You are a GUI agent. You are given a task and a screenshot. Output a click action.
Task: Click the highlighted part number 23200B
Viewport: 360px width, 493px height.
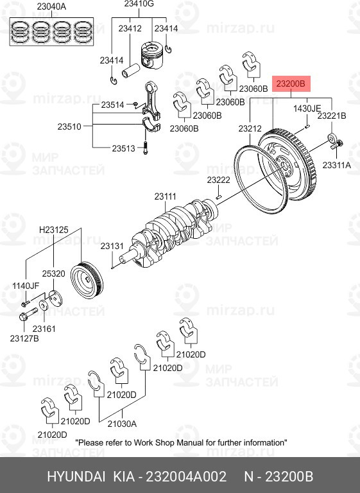tap(291, 84)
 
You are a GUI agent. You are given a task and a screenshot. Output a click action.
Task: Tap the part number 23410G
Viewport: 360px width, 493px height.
tap(139, 4)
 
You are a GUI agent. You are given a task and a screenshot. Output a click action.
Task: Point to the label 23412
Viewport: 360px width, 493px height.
tap(130, 29)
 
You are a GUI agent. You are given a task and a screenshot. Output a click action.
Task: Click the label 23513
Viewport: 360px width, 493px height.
tap(123, 148)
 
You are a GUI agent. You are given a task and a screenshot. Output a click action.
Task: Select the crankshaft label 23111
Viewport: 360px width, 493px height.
tap(165, 196)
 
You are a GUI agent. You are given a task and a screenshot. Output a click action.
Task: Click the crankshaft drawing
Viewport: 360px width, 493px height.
tap(173, 231)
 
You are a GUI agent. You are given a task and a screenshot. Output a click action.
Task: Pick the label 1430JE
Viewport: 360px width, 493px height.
tap(307, 109)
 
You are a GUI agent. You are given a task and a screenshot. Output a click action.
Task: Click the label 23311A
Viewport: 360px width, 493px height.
tap(337, 165)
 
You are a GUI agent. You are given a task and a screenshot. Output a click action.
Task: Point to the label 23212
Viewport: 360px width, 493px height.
tap(251, 129)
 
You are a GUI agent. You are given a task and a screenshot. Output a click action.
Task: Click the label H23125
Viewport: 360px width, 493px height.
tap(53, 229)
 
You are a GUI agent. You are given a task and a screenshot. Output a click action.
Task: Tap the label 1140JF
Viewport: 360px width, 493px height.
tap(26, 286)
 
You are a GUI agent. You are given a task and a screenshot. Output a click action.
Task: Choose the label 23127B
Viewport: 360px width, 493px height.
tap(24, 338)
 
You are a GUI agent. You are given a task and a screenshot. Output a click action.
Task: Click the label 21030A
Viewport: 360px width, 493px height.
tap(122, 423)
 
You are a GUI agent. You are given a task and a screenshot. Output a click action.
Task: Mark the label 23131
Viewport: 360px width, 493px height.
tap(112, 246)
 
